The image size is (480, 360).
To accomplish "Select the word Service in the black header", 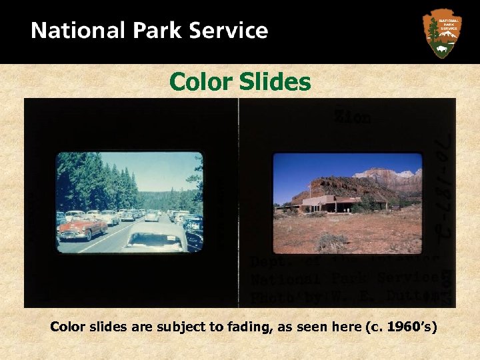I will [229, 31].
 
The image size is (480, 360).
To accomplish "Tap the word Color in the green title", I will [197, 82].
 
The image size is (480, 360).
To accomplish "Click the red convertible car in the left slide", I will [81, 228].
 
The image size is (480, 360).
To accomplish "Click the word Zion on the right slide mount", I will [353, 117].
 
